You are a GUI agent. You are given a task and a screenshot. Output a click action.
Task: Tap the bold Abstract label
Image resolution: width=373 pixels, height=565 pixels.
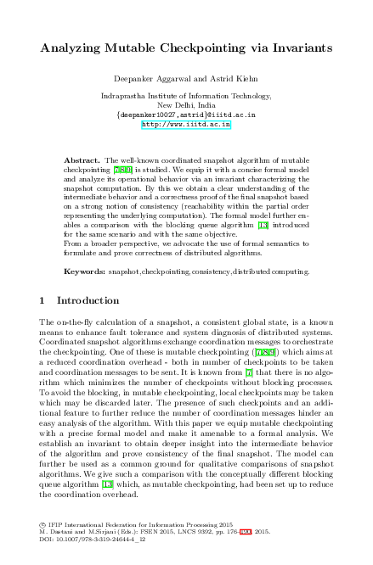pyautogui.click(x=82, y=159)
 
